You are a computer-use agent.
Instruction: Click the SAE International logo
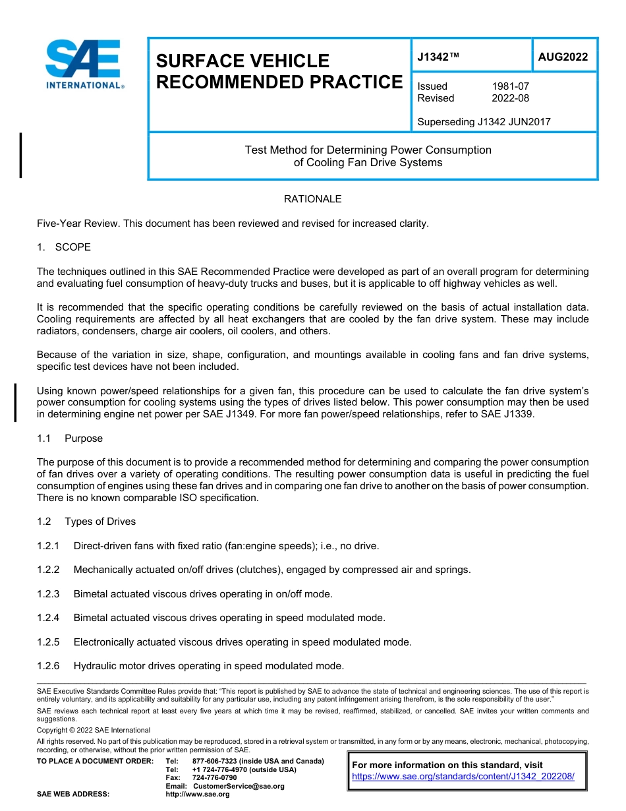point(83,64)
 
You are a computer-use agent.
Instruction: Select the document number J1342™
point(438,57)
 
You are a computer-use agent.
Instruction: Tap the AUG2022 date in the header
point(563,57)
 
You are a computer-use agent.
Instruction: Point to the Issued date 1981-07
point(510,86)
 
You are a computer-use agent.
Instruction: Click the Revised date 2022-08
point(510,98)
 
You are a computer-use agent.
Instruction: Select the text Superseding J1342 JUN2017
point(484,122)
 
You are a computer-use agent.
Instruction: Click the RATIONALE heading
point(312,199)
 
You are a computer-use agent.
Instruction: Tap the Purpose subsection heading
point(84,438)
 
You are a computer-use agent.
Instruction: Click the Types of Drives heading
point(100,522)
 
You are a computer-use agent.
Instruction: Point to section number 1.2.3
point(48,594)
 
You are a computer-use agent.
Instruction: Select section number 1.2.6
point(48,666)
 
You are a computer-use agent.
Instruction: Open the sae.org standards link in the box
point(463,777)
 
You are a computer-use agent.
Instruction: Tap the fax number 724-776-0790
point(214,778)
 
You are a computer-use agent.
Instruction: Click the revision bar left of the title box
point(20,155)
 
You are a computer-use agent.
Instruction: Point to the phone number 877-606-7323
point(215,762)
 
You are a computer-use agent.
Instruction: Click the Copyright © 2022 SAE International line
point(94,731)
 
